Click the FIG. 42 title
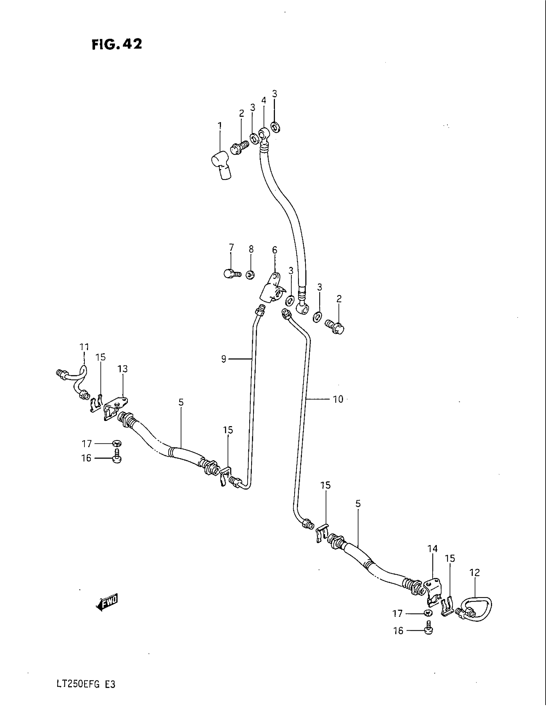click(117, 44)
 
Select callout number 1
click(220, 125)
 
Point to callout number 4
click(264, 101)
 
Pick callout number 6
click(275, 250)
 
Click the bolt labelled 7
click(231, 274)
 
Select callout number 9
click(224, 359)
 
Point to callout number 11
click(84, 347)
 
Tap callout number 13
click(123, 369)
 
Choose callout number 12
click(475, 572)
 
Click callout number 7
click(231, 248)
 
